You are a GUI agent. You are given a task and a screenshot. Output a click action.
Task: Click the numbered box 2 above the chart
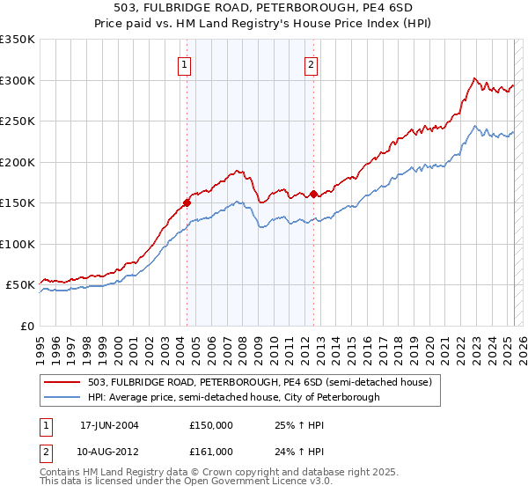point(312,63)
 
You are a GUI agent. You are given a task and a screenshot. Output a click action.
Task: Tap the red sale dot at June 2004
point(187,202)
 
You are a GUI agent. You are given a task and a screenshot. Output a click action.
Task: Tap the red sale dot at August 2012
point(313,194)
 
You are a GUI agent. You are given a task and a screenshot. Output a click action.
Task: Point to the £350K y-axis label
point(17,40)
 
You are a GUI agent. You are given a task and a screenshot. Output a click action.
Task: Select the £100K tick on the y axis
point(17,244)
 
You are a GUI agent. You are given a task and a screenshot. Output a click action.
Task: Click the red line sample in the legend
point(62,383)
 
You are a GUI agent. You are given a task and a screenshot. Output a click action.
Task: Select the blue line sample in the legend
point(62,397)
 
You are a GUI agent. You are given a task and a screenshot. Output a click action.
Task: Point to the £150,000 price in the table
point(211,425)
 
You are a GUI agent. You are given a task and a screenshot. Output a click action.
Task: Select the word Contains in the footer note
point(62,473)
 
